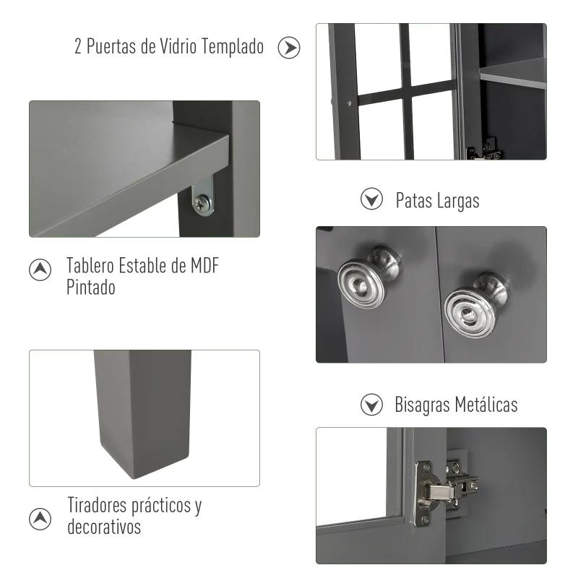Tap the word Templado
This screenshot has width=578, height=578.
(x=234, y=47)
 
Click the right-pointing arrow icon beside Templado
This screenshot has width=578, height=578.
(x=289, y=48)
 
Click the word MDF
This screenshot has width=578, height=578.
(x=204, y=265)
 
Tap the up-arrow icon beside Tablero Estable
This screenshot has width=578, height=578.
(x=40, y=269)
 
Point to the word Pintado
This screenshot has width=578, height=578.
(x=91, y=287)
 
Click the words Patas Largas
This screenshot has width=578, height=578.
(x=437, y=200)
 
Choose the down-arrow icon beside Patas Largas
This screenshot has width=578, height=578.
(x=371, y=199)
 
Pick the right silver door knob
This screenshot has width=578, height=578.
(x=474, y=302)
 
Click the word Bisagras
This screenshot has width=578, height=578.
(x=422, y=405)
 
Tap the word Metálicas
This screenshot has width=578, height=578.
(x=486, y=404)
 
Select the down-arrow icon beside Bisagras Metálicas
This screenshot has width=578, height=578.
(x=371, y=405)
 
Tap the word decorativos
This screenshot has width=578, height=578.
(x=104, y=526)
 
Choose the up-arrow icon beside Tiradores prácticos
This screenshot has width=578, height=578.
(x=40, y=517)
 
